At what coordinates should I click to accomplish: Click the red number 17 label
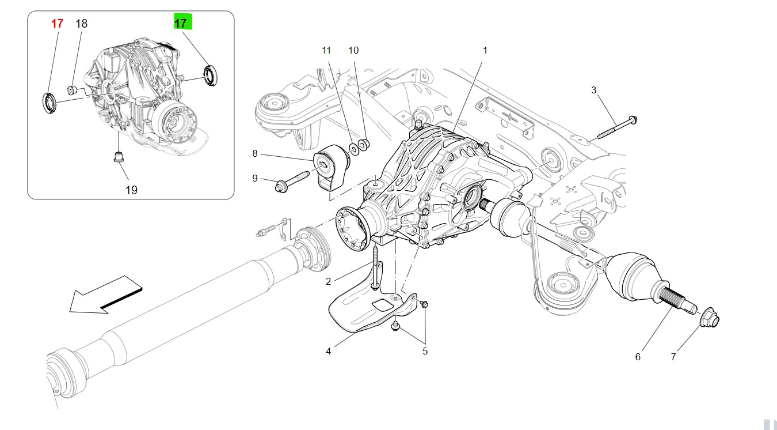tap(56, 24)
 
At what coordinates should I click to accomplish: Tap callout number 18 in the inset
tap(82, 24)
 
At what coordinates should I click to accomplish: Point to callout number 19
tap(131, 190)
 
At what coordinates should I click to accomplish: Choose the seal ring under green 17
tap(211, 76)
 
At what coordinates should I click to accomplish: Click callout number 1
tap(485, 51)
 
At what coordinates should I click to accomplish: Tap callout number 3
tap(593, 90)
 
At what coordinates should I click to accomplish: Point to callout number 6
tap(638, 357)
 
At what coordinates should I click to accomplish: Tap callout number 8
tap(255, 153)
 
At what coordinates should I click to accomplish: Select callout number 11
tap(327, 51)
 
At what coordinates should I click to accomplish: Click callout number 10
tap(353, 51)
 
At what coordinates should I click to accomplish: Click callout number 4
tap(328, 350)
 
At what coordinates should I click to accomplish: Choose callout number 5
tap(425, 350)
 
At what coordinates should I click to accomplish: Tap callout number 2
tap(328, 281)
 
